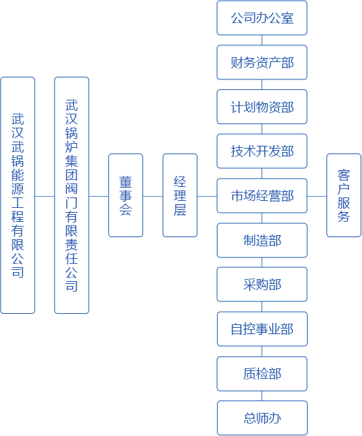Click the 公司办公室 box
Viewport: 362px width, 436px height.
click(262, 18)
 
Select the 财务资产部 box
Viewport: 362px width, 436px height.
click(262, 62)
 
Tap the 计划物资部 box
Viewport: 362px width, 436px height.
click(262, 107)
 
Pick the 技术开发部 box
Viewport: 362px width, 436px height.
click(262, 151)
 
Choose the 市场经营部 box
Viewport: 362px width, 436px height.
click(262, 196)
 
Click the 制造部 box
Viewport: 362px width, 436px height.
click(262, 240)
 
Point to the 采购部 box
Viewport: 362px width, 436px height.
click(262, 285)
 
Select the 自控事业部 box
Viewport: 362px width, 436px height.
click(262, 329)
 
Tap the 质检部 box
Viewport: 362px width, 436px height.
click(262, 374)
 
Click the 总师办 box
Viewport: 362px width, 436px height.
click(262, 418)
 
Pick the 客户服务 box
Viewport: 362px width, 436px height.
click(344, 195)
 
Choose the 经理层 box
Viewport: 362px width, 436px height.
click(180, 195)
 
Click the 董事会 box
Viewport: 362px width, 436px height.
click(126, 195)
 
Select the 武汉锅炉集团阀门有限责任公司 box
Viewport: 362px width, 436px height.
click(72, 195)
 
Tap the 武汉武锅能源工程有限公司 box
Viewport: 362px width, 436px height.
click(18, 195)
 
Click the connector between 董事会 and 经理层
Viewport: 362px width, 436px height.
click(153, 196)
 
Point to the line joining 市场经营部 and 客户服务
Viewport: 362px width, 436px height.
click(317, 196)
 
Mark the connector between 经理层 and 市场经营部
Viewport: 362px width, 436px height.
click(207, 196)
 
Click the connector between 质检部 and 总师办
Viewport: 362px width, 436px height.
click(262, 396)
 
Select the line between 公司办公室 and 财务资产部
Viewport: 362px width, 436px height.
click(262, 40)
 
